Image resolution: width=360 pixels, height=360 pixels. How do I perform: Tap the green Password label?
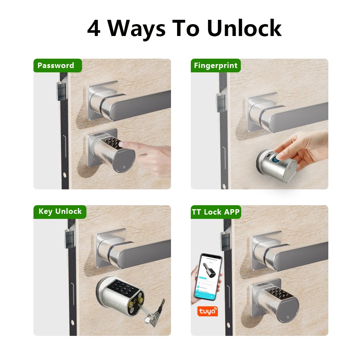[56, 66]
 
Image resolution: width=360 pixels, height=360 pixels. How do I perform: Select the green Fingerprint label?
[216, 66]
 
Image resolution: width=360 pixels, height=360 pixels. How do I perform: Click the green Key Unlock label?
[60, 212]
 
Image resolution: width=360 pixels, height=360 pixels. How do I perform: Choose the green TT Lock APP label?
[216, 212]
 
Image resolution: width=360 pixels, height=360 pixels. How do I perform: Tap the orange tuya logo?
[207, 311]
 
